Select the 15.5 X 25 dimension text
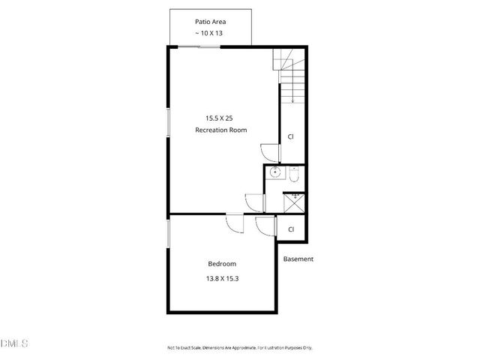[x=221, y=118]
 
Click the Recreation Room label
[x=221, y=130]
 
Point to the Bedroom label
[x=222, y=264]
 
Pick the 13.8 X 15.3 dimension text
[x=222, y=278]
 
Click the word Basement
[x=298, y=259]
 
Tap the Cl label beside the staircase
[x=291, y=136]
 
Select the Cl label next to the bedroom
[x=291, y=229]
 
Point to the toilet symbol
[x=295, y=175]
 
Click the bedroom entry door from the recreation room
[x=235, y=224]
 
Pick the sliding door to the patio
[x=199, y=47]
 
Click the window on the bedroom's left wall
[x=168, y=232]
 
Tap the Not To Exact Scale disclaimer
[x=239, y=347]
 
